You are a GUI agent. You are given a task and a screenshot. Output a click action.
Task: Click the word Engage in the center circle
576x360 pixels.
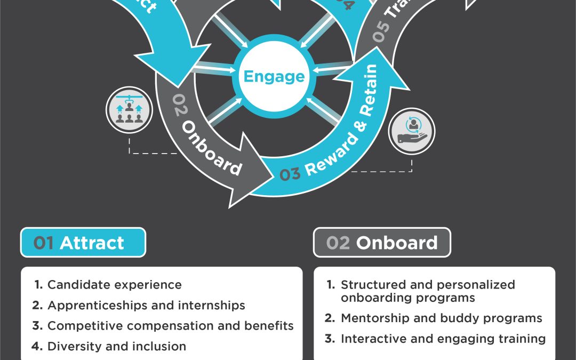coord(274,76)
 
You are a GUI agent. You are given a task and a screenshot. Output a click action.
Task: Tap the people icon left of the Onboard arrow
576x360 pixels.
coord(129,110)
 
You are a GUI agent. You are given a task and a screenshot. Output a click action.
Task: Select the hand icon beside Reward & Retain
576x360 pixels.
coord(411,131)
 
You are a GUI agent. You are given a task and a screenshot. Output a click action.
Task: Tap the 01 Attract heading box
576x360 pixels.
coord(83,243)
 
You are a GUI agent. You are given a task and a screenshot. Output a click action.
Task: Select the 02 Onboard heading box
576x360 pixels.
coord(382,243)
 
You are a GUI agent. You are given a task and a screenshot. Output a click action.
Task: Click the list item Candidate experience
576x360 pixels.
coord(114,285)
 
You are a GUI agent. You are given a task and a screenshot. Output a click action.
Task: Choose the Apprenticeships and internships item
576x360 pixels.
coord(146,306)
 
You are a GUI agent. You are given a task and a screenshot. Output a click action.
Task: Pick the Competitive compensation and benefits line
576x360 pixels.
coord(170,326)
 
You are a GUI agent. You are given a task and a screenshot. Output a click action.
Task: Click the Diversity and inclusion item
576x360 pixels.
coord(116,346)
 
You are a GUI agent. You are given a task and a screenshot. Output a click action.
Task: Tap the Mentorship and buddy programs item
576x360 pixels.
coord(441,318)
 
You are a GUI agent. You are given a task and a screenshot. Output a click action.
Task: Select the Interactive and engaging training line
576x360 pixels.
coord(443,339)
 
